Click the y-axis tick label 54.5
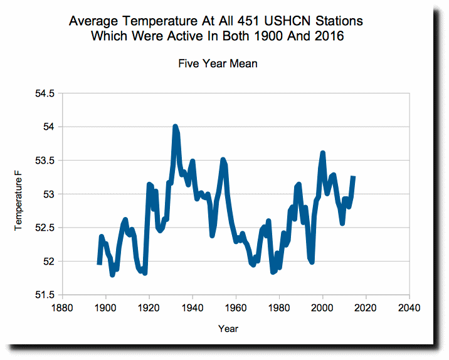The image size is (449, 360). click(x=45, y=93)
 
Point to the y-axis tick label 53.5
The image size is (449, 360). click(x=45, y=161)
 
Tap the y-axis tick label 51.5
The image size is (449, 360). click(x=45, y=295)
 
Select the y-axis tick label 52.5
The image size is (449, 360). click(x=45, y=228)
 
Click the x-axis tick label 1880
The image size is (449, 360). click(x=62, y=308)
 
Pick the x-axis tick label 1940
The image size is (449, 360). click(x=192, y=308)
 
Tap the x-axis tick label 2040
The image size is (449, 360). click(x=409, y=308)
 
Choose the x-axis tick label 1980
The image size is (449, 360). click(x=279, y=308)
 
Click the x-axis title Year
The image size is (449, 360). click(x=228, y=329)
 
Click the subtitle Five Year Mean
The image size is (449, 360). click(x=218, y=63)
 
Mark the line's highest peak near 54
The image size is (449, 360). click(x=175, y=126)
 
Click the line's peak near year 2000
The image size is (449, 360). click(x=323, y=153)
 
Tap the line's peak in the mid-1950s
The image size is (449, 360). click(x=223, y=159)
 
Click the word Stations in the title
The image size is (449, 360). click(x=339, y=21)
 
